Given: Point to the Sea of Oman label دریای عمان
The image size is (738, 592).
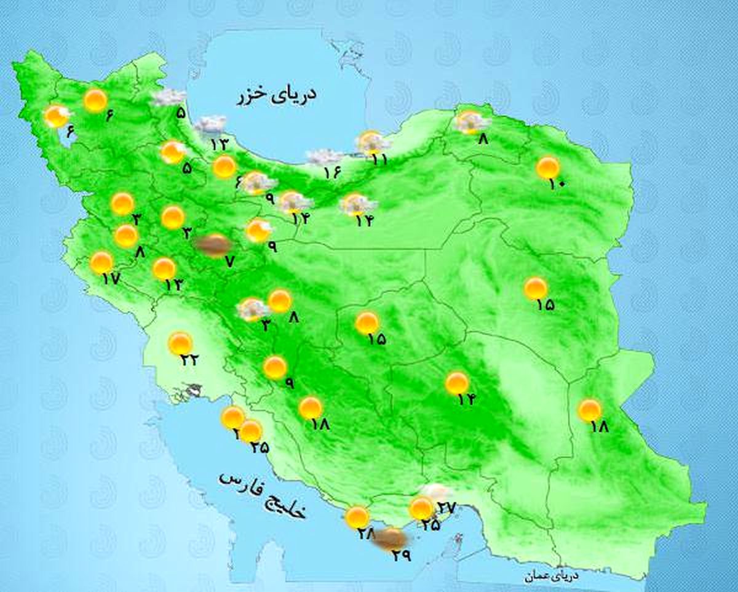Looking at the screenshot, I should tap(551, 577).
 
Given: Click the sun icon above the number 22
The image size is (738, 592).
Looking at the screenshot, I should tap(181, 343).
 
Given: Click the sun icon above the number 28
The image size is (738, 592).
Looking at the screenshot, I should tap(357, 517).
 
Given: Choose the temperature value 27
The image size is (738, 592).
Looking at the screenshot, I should tap(446, 508).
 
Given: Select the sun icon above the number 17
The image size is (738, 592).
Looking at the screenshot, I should tap(101, 262).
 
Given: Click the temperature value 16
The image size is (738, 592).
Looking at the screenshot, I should tap(332, 173).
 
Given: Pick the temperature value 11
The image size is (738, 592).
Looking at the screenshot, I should tap(379, 159).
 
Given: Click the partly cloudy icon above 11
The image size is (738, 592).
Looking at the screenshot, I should tap(371, 143).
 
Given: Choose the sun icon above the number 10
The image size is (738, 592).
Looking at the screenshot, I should tap(548, 167).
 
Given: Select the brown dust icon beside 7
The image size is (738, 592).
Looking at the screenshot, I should tap(211, 244).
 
